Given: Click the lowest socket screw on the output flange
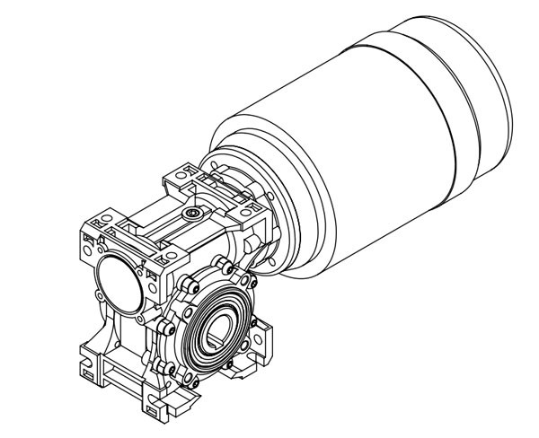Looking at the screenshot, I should [189, 380].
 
